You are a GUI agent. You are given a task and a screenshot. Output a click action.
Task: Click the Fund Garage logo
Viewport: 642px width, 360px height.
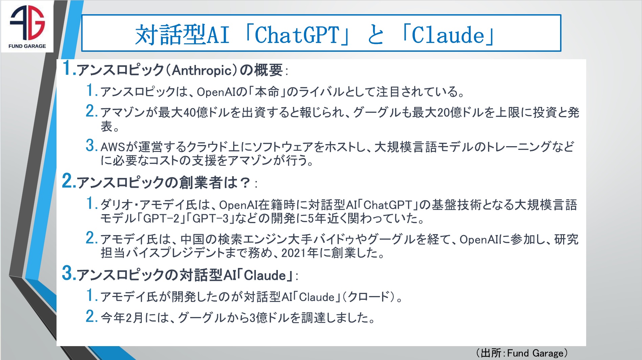[x=27, y=26]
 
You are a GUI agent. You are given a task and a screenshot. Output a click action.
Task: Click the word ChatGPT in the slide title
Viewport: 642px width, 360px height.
[x=296, y=35]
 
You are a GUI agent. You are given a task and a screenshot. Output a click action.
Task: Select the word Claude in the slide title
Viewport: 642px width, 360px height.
[x=448, y=35]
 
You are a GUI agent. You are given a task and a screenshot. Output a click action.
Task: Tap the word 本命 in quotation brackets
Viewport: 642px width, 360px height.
[x=267, y=92]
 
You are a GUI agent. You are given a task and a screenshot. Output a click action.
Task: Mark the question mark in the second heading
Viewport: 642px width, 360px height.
[x=244, y=183]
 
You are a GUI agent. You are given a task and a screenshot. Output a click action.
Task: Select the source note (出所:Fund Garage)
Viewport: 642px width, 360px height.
[x=522, y=353]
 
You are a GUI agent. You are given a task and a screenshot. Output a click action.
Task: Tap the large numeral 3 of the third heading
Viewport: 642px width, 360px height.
[x=67, y=273]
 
